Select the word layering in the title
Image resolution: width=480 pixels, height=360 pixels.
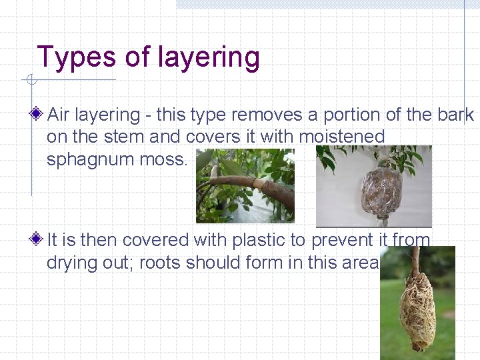point(209,59)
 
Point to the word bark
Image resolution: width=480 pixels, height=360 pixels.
point(456,115)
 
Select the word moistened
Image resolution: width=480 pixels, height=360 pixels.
point(343,137)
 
